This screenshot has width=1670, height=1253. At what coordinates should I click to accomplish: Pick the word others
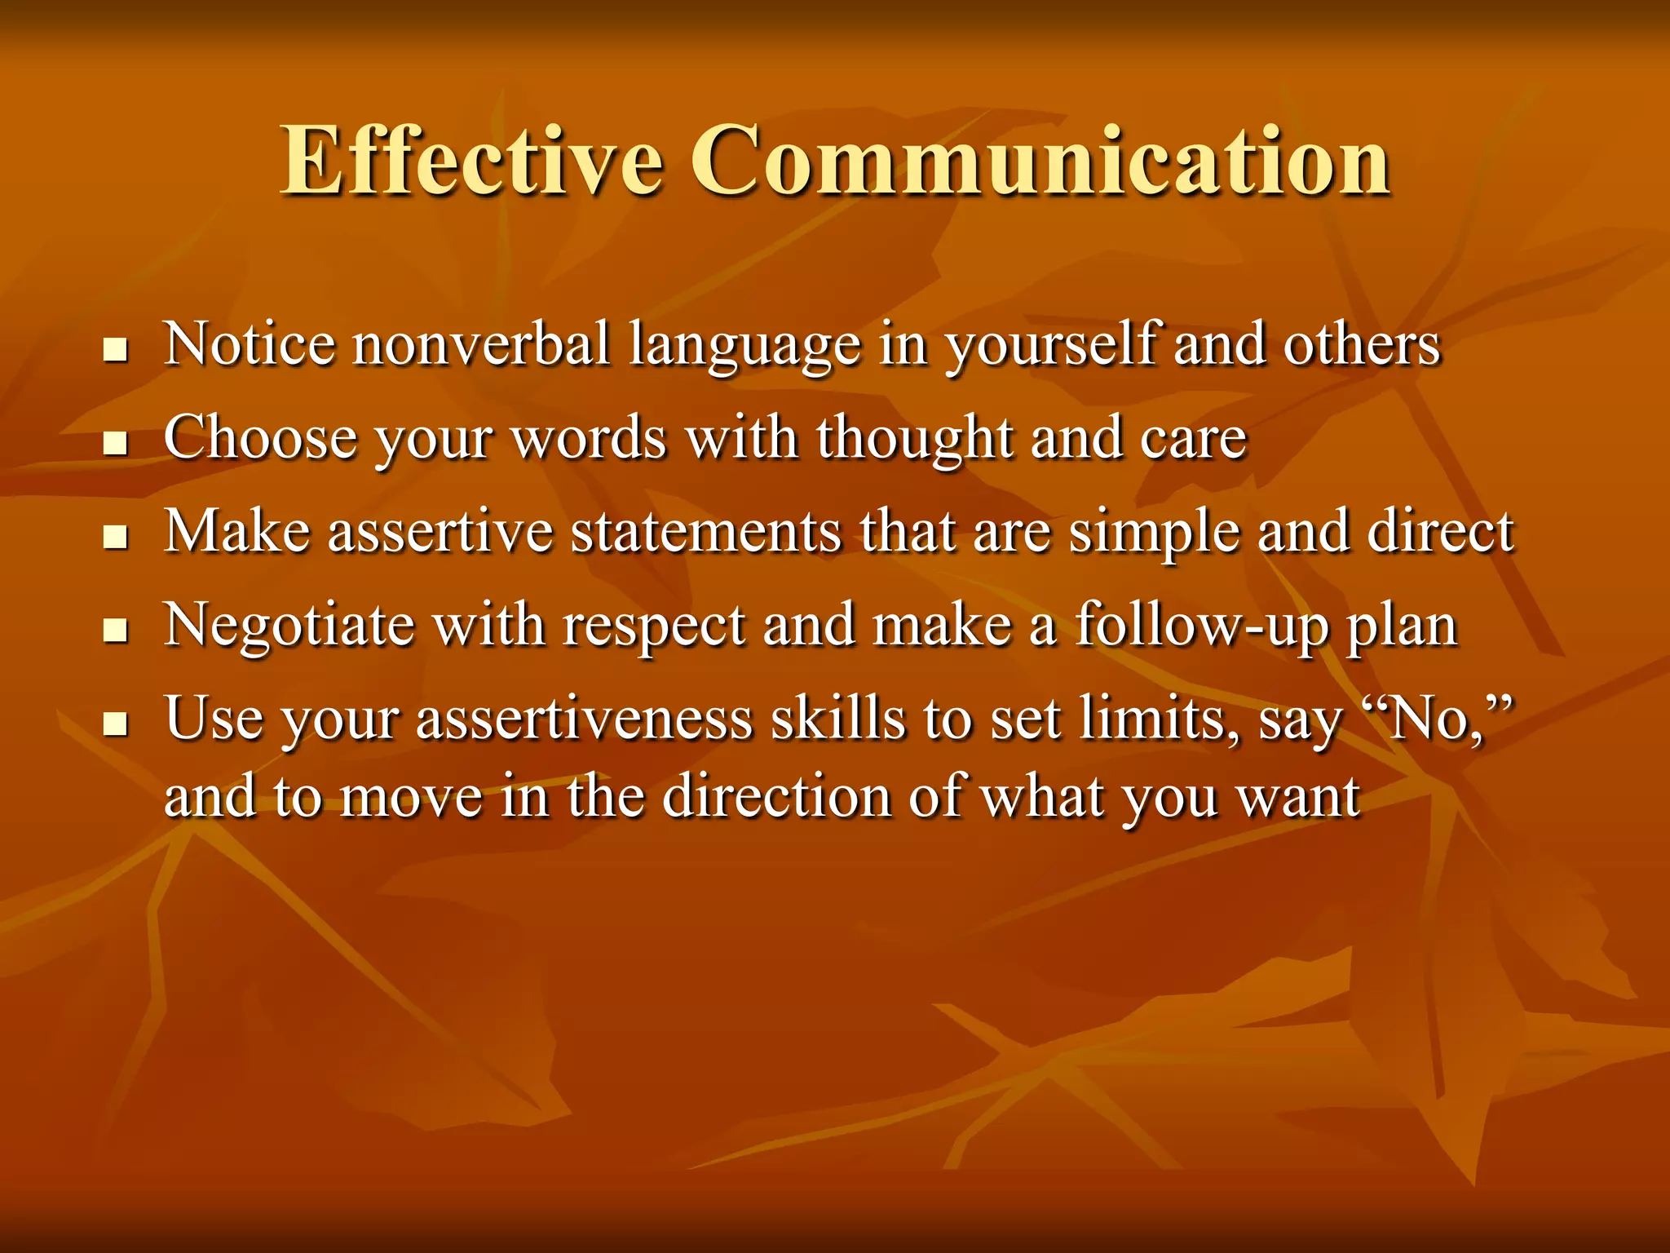pos(1362,344)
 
